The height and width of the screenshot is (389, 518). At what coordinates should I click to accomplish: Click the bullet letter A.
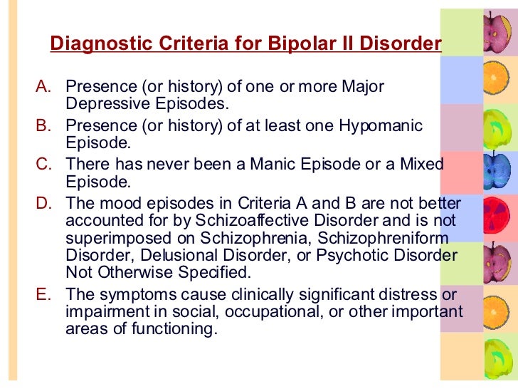coord(43,87)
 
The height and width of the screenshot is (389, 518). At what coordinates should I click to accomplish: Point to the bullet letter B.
coord(43,126)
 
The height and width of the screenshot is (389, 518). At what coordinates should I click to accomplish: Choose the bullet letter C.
coord(43,165)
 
